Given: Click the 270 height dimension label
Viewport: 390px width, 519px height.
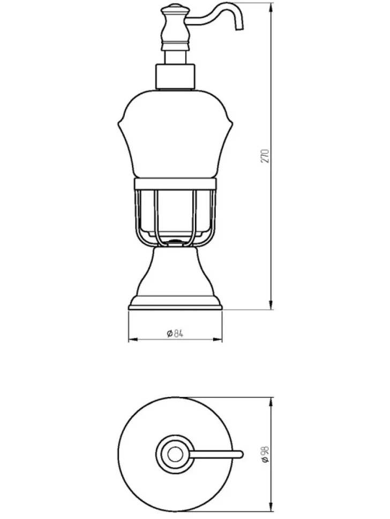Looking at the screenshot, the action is tap(265, 156).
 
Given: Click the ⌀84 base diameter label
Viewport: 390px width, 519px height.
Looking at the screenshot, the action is tap(175, 333).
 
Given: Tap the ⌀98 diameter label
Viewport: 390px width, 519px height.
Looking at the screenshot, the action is tap(265, 454).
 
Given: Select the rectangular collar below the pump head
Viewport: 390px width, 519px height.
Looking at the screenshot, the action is tap(175, 77).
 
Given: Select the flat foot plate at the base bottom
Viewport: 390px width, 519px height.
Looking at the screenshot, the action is tap(175, 308).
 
